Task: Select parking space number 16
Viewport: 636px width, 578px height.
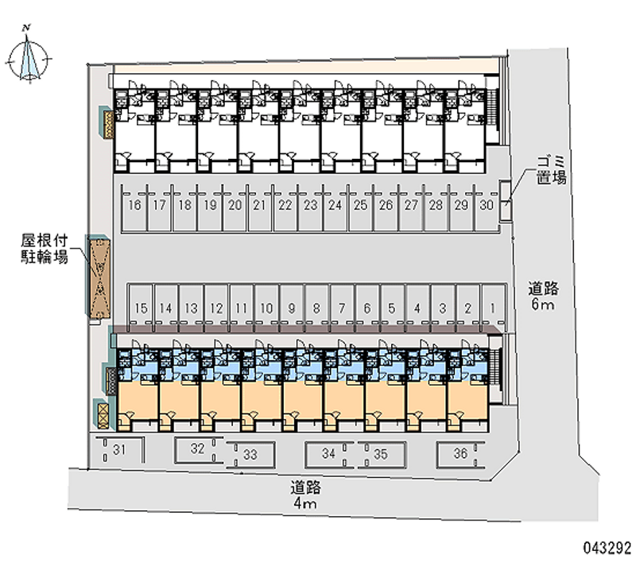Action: (134, 205)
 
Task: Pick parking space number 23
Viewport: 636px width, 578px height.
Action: (310, 205)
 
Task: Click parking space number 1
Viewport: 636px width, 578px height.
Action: (493, 307)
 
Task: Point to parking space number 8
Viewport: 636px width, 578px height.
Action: (316, 307)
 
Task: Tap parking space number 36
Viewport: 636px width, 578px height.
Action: (460, 453)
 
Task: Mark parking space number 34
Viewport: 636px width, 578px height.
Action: (329, 454)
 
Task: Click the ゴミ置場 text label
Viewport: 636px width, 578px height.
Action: (549, 171)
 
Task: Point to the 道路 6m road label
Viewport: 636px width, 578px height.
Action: (545, 296)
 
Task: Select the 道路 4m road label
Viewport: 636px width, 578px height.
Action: (304, 495)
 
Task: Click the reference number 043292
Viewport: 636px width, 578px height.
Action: (607, 547)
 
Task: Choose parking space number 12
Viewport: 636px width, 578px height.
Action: (216, 307)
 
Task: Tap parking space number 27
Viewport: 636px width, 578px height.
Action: (411, 205)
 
